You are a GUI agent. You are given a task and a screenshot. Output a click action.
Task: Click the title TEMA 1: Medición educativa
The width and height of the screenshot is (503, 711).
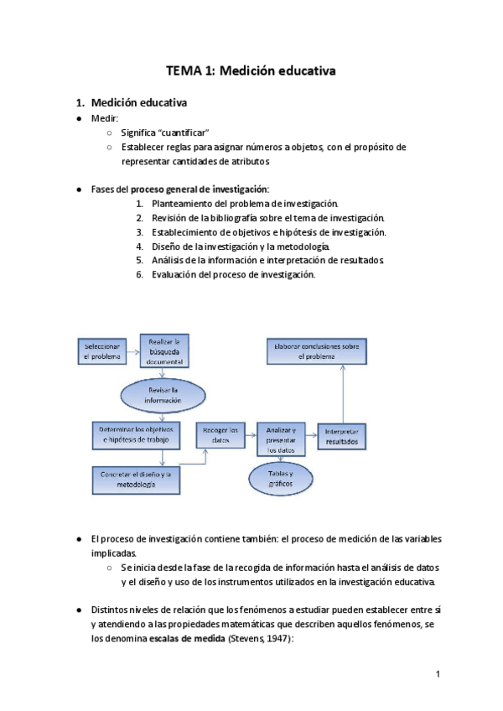(x=251, y=71)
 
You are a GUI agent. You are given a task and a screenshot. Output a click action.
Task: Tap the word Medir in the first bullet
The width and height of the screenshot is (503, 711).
(x=104, y=118)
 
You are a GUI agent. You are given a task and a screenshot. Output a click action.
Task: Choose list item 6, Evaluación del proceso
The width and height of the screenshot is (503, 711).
(x=233, y=274)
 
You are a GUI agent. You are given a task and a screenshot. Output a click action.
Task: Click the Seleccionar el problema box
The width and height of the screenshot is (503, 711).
(x=102, y=350)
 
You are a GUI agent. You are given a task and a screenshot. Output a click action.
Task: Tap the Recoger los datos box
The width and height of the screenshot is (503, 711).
(x=221, y=434)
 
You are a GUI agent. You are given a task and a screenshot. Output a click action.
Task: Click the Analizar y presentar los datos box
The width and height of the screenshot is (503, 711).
(x=282, y=439)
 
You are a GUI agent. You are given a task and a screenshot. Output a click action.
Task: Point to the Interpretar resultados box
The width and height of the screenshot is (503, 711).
(x=341, y=435)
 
